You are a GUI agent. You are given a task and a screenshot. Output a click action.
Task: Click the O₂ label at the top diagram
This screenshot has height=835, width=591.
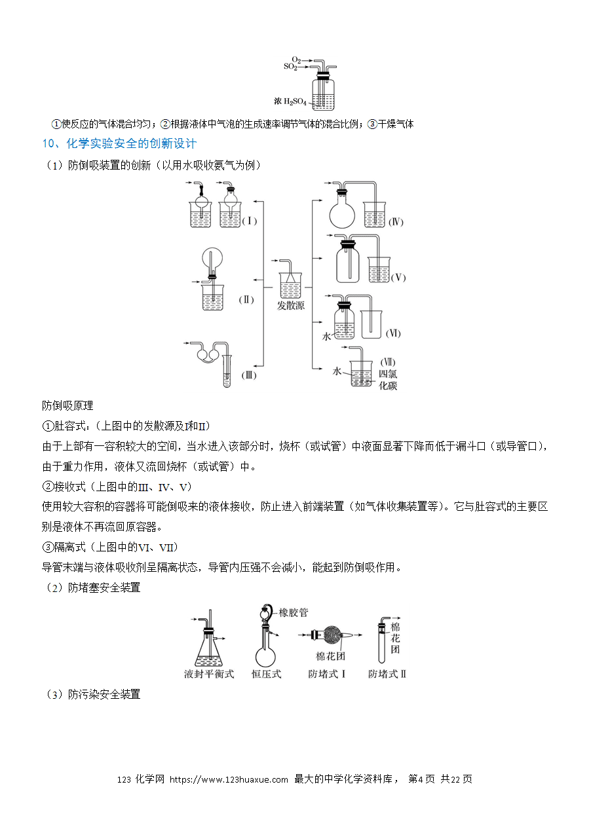296,60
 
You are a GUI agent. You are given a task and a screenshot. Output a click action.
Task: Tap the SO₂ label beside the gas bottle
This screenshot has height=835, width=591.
290,67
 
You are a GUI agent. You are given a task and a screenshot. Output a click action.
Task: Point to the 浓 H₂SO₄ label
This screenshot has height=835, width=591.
290,102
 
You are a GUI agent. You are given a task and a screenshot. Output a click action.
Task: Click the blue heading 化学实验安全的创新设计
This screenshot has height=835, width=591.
131,143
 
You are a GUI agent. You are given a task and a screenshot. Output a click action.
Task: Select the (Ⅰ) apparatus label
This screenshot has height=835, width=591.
250,221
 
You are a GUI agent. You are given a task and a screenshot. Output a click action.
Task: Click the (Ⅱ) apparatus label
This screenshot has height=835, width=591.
246,300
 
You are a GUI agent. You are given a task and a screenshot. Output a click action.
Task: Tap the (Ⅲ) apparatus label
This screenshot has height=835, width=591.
249,375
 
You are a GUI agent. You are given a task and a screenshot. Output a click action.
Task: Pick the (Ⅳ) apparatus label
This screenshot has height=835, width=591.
396,222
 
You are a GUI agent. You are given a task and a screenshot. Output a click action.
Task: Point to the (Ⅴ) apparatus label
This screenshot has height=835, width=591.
398,277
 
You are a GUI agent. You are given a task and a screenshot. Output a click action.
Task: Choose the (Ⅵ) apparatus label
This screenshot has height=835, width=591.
393,333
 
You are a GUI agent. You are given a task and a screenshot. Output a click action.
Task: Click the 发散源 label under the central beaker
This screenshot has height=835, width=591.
290,306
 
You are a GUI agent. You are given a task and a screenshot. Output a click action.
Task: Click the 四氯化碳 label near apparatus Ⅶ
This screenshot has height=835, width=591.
388,379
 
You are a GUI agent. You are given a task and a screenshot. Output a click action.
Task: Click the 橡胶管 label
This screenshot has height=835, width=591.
294,612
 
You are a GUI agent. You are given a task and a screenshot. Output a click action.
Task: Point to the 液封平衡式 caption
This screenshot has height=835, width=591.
209,674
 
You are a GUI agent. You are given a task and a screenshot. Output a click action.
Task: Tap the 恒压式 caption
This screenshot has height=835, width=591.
266,674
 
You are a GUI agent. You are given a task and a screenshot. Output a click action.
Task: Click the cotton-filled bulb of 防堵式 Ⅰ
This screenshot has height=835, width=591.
333,635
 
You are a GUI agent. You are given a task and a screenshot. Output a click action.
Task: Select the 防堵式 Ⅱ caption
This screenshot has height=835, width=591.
387,674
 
